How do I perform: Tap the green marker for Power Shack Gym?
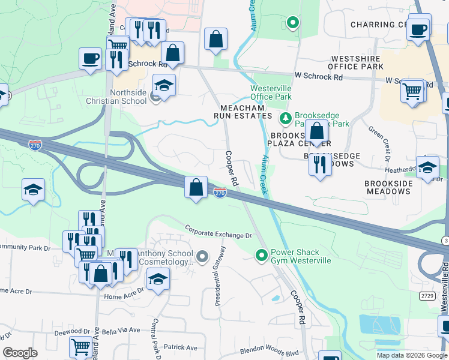click(x=261, y=256)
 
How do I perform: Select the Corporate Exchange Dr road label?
click(x=218, y=232)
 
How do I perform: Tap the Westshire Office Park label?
click(x=357, y=62)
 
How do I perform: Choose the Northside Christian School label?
click(x=128, y=97)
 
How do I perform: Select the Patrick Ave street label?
click(x=181, y=347)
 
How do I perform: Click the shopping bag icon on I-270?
click(x=196, y=188)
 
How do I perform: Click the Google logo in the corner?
click(x=20, y=353)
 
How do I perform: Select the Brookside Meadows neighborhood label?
click(x=388, y=187)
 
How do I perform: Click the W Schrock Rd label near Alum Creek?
click(x=318, y=77)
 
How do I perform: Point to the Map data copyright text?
click(x=411, y=355)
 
